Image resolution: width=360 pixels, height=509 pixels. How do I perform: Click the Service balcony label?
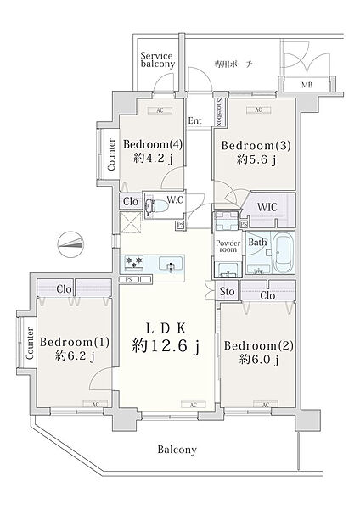pyautogui.click(x=158, y=60)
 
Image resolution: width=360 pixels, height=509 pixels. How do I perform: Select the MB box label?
pyautogui.click(x=307, y=86)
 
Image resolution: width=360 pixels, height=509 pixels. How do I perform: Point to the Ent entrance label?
pyautogui.click(x=195, y=120)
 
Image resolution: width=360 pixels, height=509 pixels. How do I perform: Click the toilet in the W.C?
pyautogui.click(x=158, y=205)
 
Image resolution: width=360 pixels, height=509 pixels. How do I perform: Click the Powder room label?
pyautogui.click(x=227, y=245)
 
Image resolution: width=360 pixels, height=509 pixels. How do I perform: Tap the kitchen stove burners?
pyautogui.click(x=134, y=261)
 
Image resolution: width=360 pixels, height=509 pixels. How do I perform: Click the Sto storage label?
pyautogui.click(x=227, y=293)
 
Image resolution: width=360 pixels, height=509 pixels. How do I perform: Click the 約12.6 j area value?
pyautogui.click(x=166, y=346)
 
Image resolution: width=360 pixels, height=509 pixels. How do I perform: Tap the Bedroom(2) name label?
pyautogui.click(x=256, y=345)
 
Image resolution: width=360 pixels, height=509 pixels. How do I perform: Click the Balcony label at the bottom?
pyautogui.click(x=176, y=450)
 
